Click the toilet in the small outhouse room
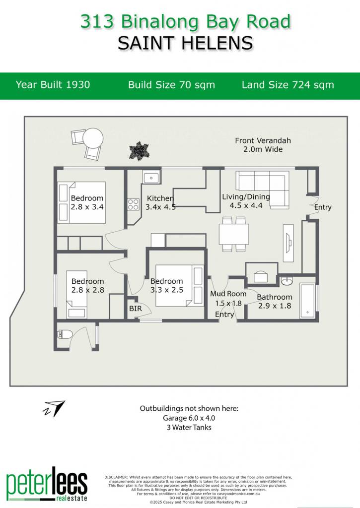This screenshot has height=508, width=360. tap(62, 334)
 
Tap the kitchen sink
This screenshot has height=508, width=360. tap(151, 177)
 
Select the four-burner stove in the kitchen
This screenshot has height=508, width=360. tap(133, 204)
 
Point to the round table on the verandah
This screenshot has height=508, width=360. tap(93, 138)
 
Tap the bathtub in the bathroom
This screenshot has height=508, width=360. tap(307, 301)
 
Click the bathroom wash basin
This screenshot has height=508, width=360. tap(287, 281)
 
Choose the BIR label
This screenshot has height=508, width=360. tap(135, 309)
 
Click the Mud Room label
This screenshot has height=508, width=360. tap(228, 294)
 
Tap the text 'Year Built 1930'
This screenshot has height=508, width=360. tap(53, 84)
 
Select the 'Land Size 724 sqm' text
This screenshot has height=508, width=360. tap(288, 85)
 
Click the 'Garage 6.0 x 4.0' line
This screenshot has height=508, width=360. tap(189, 418)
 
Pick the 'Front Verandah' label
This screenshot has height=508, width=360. tap(263, 140)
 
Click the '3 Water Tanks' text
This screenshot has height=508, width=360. tap(189, 427)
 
